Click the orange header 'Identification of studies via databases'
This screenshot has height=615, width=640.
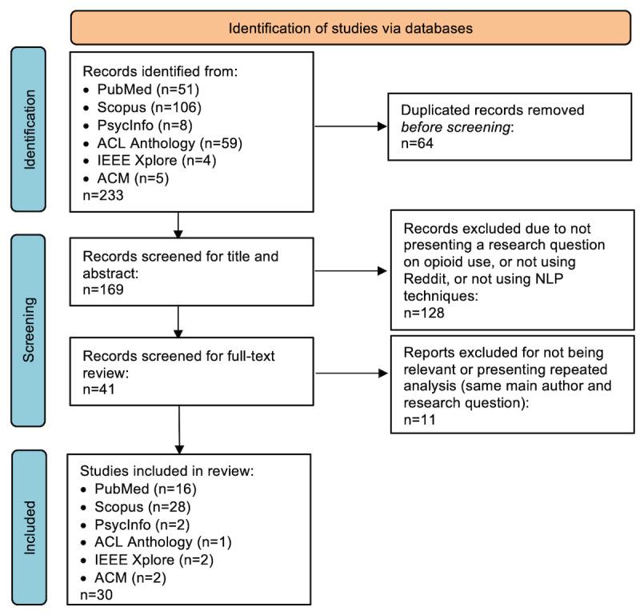350,28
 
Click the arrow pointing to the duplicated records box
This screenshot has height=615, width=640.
351,126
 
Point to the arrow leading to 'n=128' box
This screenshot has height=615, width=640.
351,272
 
